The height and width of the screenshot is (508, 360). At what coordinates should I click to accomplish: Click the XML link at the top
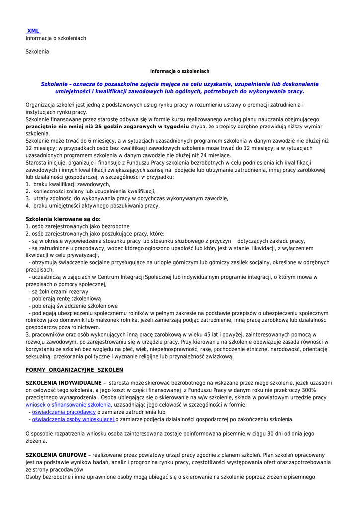(x=33, y=31)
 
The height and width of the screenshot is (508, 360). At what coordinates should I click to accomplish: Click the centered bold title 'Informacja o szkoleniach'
(x=180, y=71)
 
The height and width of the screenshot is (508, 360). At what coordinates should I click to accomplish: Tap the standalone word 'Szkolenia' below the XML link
(x=37, y=51)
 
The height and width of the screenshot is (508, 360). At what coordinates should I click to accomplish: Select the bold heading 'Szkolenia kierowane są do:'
(x=63, y=219)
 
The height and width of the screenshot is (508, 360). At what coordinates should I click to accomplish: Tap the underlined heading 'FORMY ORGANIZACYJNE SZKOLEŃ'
(x=74, y=370)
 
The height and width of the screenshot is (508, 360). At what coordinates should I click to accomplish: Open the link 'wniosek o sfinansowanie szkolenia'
(x=68, y=405)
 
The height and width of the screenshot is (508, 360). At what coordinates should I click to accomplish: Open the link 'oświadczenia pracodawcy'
(x=64, y=412)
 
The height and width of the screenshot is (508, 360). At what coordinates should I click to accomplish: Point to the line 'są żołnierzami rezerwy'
(x=57, y=292)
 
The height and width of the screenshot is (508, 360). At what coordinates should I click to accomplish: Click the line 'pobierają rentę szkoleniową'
(x=66, y=299)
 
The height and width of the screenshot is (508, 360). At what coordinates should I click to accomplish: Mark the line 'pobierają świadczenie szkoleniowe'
(x=74, y=306)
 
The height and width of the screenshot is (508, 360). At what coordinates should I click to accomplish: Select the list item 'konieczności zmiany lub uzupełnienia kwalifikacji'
(x=94, y=191)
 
